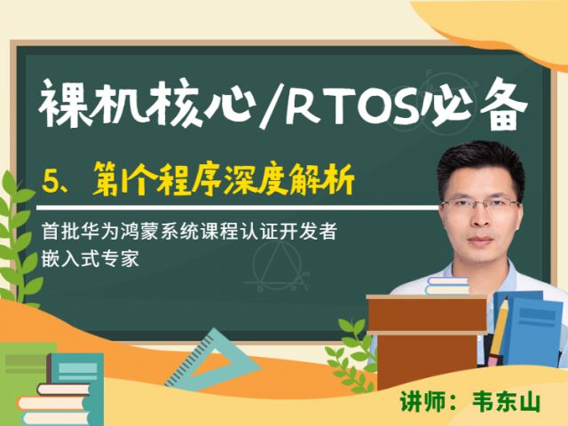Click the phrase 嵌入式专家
coord(91,258)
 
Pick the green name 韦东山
coord(506,401)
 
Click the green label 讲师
coord(420,401)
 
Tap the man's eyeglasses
coord(480,207)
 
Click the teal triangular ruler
coord(214,359)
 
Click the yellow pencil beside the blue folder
coord(499,331)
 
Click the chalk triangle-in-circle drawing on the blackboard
coord(277,265)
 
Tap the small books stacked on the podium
coord(447,286)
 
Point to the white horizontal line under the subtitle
coord(237,208)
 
